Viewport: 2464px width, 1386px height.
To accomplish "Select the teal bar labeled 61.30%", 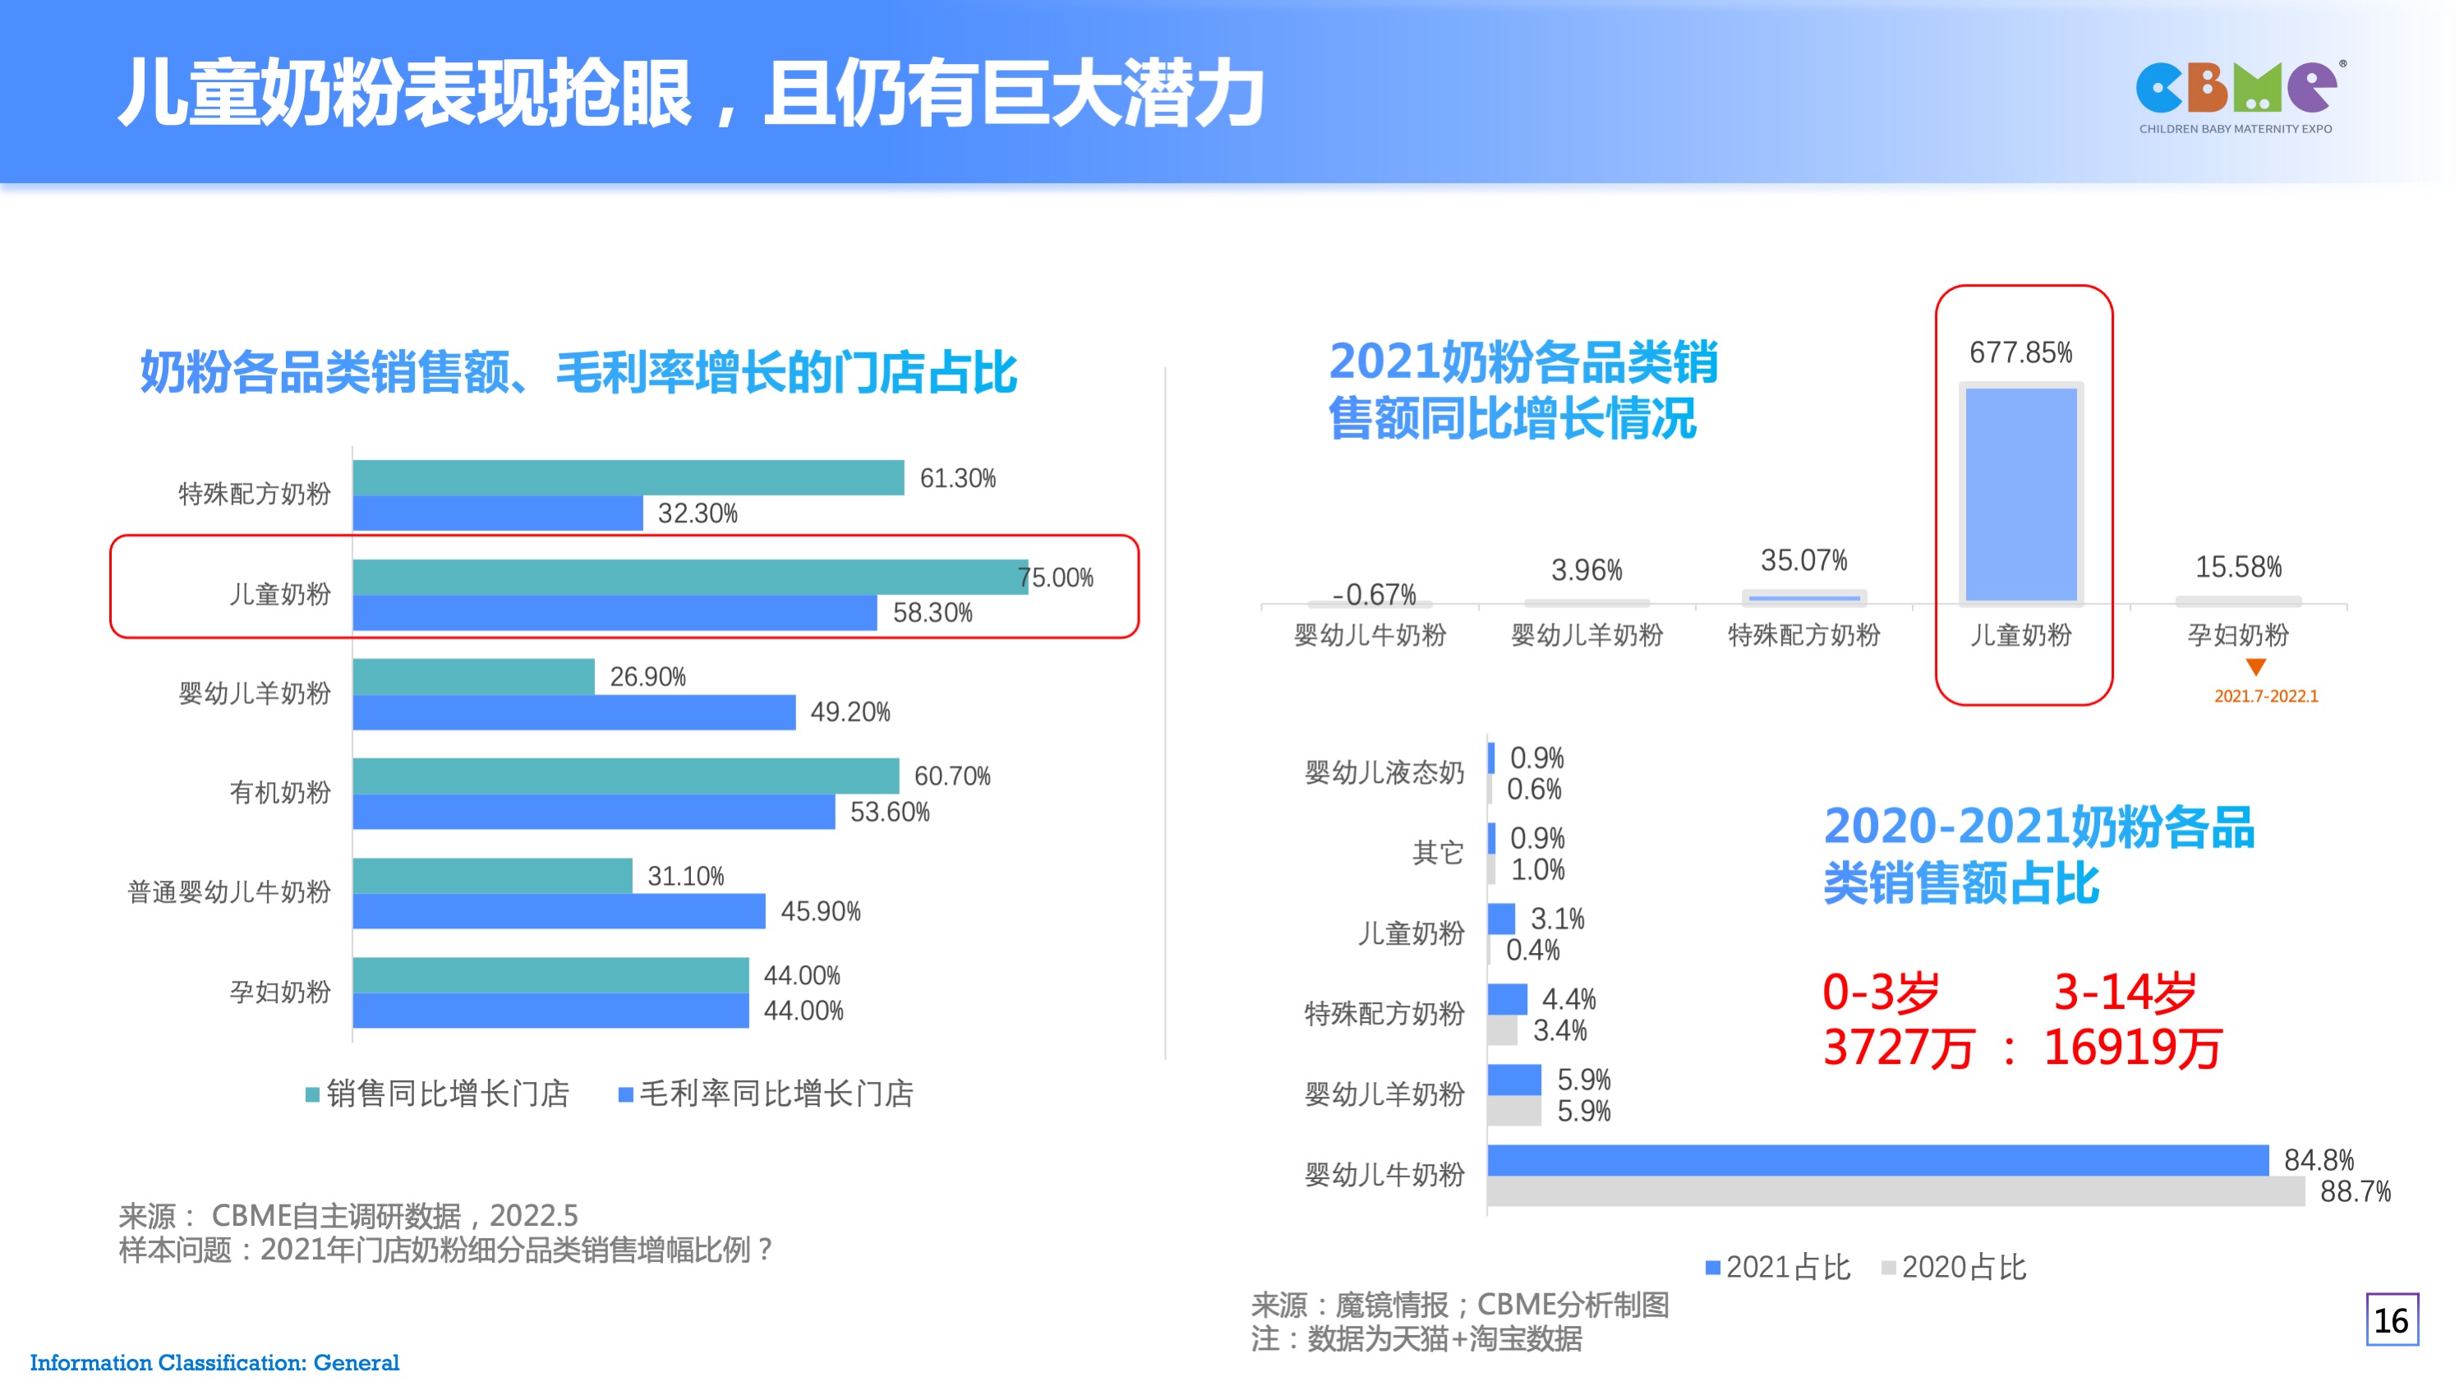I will pos(628,477).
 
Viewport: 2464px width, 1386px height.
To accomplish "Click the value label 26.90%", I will pos(647,676).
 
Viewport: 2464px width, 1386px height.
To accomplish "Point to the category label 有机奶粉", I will pos(279,792).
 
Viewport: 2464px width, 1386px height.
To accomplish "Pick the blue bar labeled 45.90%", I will pos(559,910).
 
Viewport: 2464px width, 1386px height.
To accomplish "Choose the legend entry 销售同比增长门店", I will pos(438,1094).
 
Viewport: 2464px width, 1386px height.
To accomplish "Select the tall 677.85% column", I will pos(2021,494).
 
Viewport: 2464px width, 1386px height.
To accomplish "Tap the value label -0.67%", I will pos(1374,594).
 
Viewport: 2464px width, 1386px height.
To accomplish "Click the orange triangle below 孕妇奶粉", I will pos(2255,666).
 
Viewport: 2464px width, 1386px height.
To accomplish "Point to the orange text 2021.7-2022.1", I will pos(2266,697).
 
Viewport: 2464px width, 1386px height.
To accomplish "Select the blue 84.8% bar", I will pos(1877,1159).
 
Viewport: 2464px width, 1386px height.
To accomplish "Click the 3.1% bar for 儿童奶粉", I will pos(1501,919).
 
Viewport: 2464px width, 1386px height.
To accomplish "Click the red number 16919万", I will pos(2132,1048).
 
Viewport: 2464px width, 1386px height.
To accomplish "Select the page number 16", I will pos(2392,1320).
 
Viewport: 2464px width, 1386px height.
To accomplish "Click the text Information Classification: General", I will pos(214,1362).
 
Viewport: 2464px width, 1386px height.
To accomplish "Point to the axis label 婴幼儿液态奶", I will pos(1384,772).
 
